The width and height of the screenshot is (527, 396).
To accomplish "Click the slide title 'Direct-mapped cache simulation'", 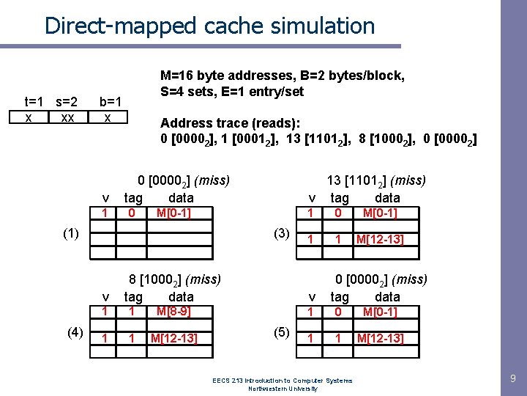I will click(209, 26).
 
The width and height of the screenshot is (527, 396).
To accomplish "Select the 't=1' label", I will click(34, 101).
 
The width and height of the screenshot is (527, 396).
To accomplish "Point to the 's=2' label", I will click(66, 101).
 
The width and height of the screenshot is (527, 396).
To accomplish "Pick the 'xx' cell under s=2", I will click(67, 117).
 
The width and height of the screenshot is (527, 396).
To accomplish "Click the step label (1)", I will click(71, 234).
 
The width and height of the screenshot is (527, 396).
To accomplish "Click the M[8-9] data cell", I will click(173, 311).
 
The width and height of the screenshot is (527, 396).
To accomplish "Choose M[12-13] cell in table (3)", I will click(379, 239).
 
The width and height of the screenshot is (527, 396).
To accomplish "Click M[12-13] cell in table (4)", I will click(173, 337).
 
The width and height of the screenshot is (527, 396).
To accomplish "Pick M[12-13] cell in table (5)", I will click(379, 337).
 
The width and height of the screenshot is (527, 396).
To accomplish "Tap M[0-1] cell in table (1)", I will click(173, 213).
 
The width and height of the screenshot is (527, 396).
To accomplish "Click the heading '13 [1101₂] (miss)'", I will click(376, 180).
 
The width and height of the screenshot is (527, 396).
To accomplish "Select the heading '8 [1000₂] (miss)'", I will click(175, 279).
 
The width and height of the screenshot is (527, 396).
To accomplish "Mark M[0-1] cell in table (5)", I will click(379, 312).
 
